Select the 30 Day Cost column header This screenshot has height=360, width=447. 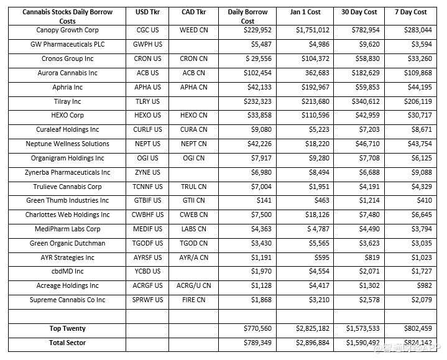[359, 12]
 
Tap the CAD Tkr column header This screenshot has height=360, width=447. [193, 12]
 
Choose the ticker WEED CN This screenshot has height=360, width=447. [193, 30]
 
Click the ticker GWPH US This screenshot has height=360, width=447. [148, 45]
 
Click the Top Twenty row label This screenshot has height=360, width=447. [68, 328]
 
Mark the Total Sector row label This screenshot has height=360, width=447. [68, 343]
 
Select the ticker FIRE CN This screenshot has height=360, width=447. [193, 300]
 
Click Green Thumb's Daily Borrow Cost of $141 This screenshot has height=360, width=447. [264, 200]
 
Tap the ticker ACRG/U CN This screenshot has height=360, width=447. [193, 285]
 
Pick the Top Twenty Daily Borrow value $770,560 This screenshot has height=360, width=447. [256, 328]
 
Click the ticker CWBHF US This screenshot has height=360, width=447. [148, 215]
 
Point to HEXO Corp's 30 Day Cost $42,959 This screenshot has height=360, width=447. [364, 115]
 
